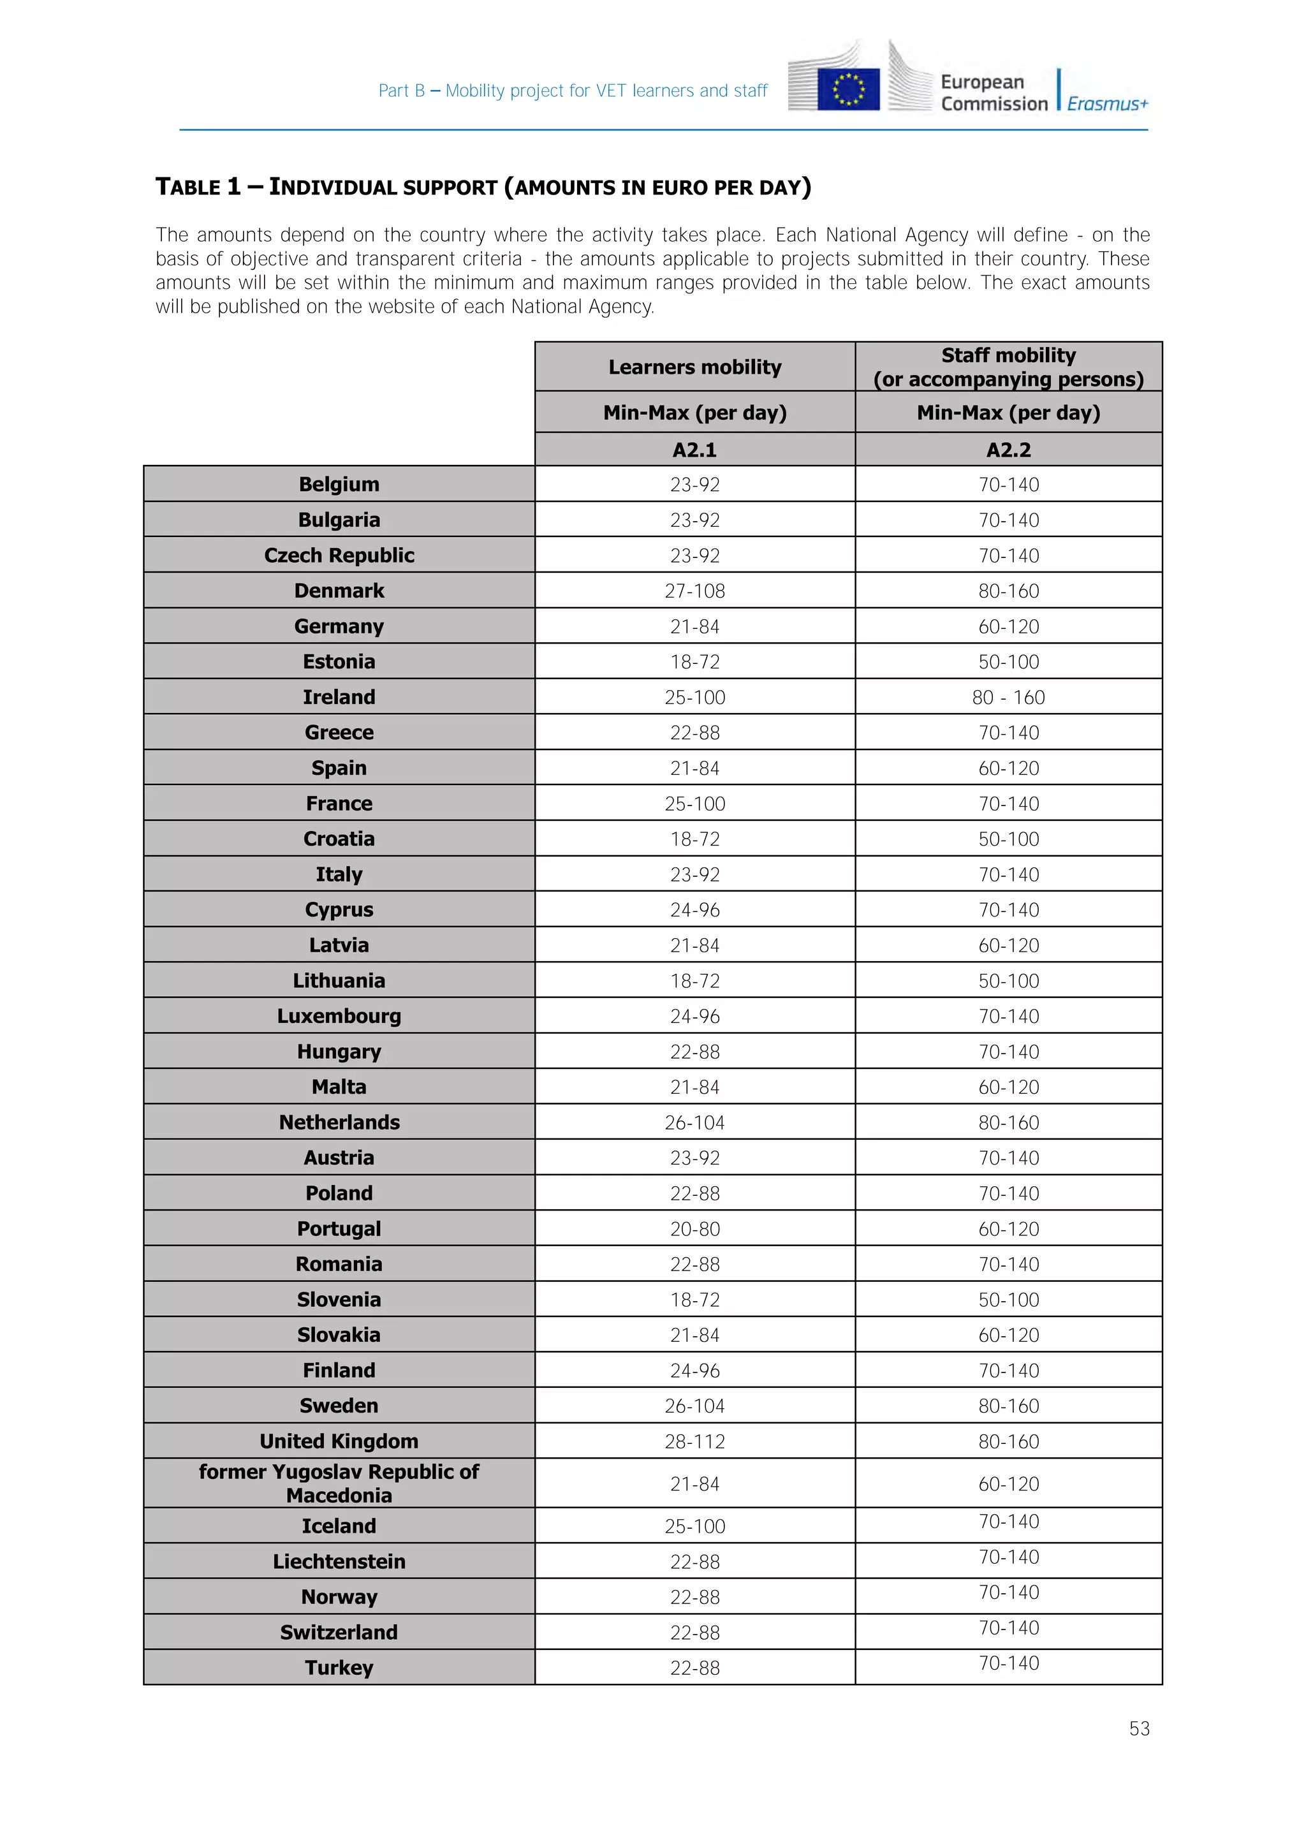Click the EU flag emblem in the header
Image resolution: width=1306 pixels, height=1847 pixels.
(x=847, y=89)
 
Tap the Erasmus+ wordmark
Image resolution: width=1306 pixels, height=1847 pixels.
(x=1108, y=104)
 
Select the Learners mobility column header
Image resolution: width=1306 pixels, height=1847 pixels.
(x=695, y=367)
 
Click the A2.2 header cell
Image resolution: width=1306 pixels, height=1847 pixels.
(x=1008, y=450)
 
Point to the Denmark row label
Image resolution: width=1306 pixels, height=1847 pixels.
(x=339, y=591)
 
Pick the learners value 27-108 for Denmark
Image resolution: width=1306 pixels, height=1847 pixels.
(x=695, y=591)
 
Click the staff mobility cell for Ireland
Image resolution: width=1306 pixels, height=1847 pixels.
(x=1008, y=698)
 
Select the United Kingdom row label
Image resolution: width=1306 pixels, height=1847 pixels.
(x=339, y=1441)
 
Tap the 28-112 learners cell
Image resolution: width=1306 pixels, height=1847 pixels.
(x=695, y=1441)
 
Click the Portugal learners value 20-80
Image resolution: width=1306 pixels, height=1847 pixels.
(x=695, y=1229)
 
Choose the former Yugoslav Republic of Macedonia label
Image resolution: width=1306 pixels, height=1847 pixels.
(x=339, y=1483)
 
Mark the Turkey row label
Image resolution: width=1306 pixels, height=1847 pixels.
(x=339, y=1668)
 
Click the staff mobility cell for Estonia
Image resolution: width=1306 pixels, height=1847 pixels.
(x=1008, y=662)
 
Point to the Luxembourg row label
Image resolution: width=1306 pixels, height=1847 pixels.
(x=339, y=1016)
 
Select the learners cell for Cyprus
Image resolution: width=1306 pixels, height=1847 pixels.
(x=695, y=910)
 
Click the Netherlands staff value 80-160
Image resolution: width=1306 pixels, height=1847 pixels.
(x=1008, y=1122)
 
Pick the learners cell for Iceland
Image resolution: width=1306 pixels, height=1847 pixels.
(x=695, y=1526)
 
